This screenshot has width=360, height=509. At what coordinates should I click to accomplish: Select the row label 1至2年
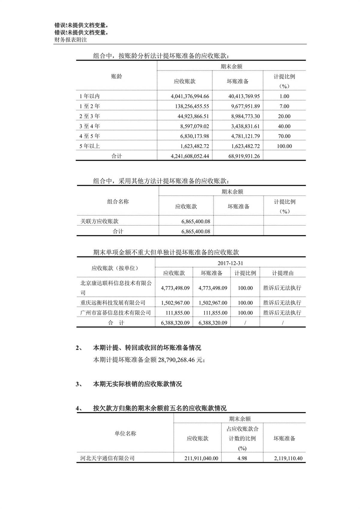pos(89,106)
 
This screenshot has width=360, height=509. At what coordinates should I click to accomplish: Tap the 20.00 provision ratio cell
pos(284,116)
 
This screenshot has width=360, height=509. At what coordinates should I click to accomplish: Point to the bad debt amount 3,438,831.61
pos(245,126)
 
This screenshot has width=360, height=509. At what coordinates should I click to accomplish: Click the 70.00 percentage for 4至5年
pos(284,136)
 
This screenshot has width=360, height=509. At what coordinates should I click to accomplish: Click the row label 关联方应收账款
pos(99,221)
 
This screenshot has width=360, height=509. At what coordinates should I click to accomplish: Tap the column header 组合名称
pos(118,202)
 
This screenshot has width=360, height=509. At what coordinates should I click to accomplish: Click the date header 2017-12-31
pos(230,263)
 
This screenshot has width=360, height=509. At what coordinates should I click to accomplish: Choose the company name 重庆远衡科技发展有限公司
pos(113,303)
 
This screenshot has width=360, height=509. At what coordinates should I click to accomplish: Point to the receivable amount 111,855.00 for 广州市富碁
pos(178,313)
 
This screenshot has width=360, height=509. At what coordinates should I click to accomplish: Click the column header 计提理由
pos(283,273)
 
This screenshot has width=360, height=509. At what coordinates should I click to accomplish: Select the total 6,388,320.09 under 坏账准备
pos(213,323)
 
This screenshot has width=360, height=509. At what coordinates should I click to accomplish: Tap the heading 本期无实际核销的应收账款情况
pos(137,384)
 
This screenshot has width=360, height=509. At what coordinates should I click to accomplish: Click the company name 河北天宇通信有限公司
pos(107,458)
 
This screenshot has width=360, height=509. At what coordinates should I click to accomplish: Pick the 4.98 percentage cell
pos(242,458)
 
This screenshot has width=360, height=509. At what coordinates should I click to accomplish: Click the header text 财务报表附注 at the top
pos(70,39)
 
